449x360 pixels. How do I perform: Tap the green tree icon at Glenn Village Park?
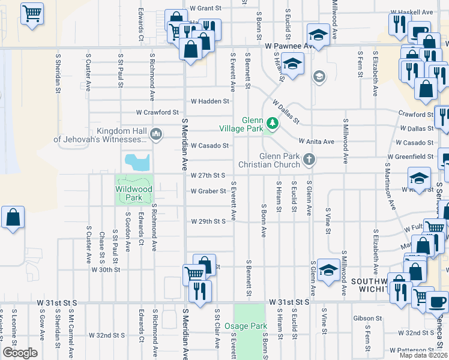[273, 124]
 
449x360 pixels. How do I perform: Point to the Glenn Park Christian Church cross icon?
[309, 160]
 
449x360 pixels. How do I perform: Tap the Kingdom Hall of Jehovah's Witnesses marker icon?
[157, 134]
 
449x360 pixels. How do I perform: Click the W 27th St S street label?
[208, 175]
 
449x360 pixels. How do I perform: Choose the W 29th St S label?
[208, 221]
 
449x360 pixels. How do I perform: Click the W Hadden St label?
[209, 101]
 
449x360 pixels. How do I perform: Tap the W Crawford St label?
[157, 112]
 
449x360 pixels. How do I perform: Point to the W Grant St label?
[206, 8]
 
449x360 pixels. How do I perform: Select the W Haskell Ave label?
[411, 12]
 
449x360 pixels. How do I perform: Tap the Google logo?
[20, 352]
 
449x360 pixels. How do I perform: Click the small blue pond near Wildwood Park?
[137, 161]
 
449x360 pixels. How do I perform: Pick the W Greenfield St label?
[411, 157]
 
